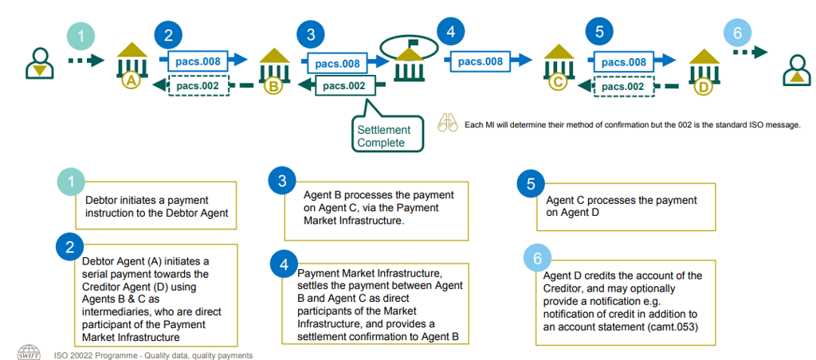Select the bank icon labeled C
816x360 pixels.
coord(559,67)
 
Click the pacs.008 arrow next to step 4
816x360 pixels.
coord(487,60)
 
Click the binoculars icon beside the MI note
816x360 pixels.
coord(448,123)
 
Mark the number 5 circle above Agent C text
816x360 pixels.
coord(530,184)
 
